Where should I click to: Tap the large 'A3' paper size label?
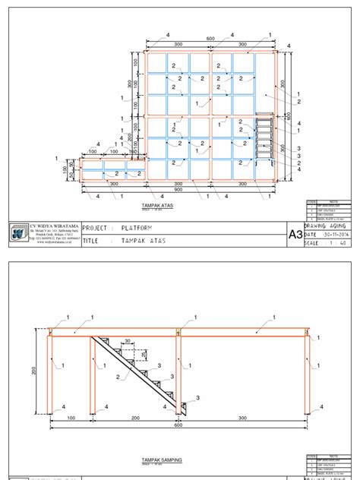tap(295, 234)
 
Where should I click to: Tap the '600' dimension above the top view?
tap(210, 39)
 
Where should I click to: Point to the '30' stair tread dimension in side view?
tap(128, 341)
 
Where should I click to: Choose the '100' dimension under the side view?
tap(71, 418)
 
